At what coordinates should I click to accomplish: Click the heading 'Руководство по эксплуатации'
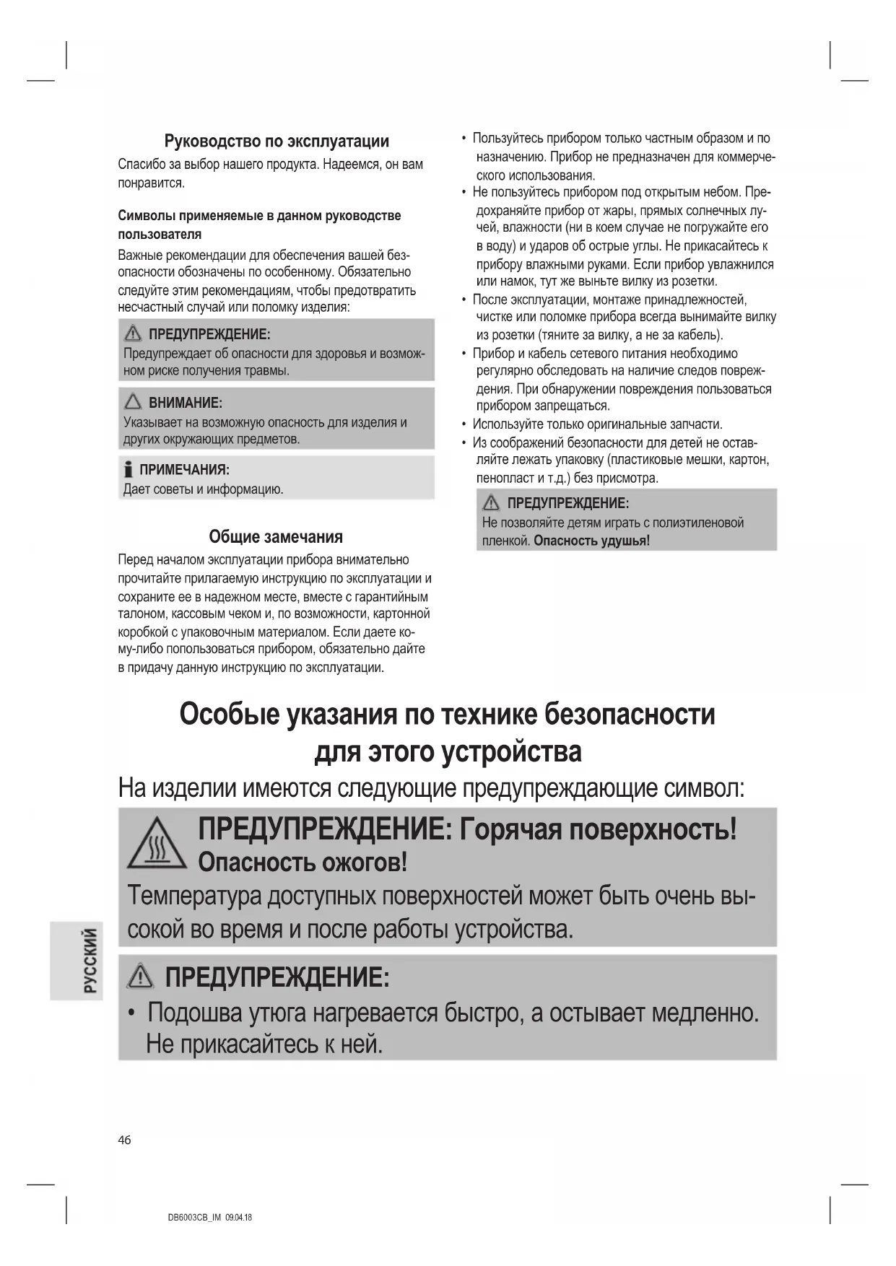pos(277,141)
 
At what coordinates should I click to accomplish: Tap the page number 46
pos(125,1140)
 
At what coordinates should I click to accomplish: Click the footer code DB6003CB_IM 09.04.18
pos(209,1217)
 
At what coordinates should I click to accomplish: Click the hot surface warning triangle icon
pos(157,844)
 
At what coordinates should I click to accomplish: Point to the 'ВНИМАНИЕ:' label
pos(185,403)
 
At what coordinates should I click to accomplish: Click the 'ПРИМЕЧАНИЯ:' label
pos(184,470)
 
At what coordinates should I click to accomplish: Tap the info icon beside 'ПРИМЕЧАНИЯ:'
pos(129,470)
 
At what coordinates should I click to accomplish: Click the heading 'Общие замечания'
pos(276,537)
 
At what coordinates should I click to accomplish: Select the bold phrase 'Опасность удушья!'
pos(591,541)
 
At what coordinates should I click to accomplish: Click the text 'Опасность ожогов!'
pos(303,863)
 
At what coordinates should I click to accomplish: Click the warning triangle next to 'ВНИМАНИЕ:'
pos(133,402)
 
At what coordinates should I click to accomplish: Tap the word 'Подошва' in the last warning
pos(194,1013)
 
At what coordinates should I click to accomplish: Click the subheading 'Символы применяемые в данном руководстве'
pos(259,216)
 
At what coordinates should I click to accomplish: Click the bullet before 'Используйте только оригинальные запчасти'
pos(464,424)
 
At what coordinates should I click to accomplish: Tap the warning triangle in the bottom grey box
pos(140,977)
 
